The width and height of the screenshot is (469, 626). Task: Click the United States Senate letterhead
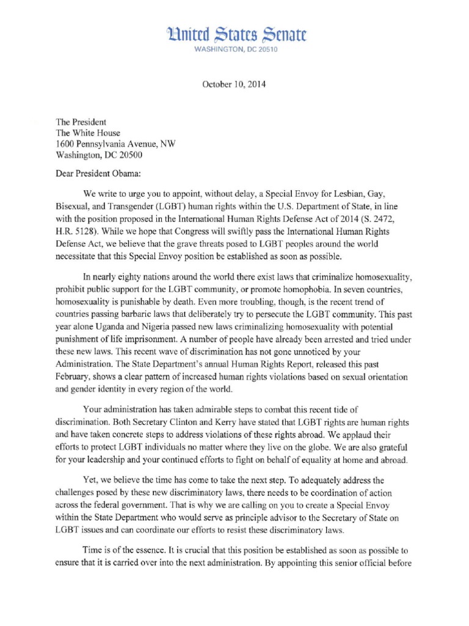(234, 34)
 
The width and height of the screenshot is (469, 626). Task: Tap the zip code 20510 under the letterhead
(264, 50)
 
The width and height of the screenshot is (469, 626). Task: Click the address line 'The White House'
(88, 133)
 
